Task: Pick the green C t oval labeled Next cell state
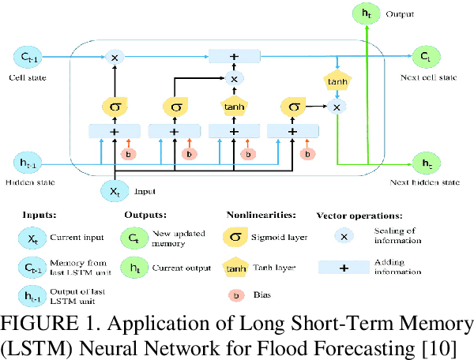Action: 426,57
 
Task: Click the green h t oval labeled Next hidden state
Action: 426,163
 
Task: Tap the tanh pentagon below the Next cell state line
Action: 337,81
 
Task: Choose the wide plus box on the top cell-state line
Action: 234,57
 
